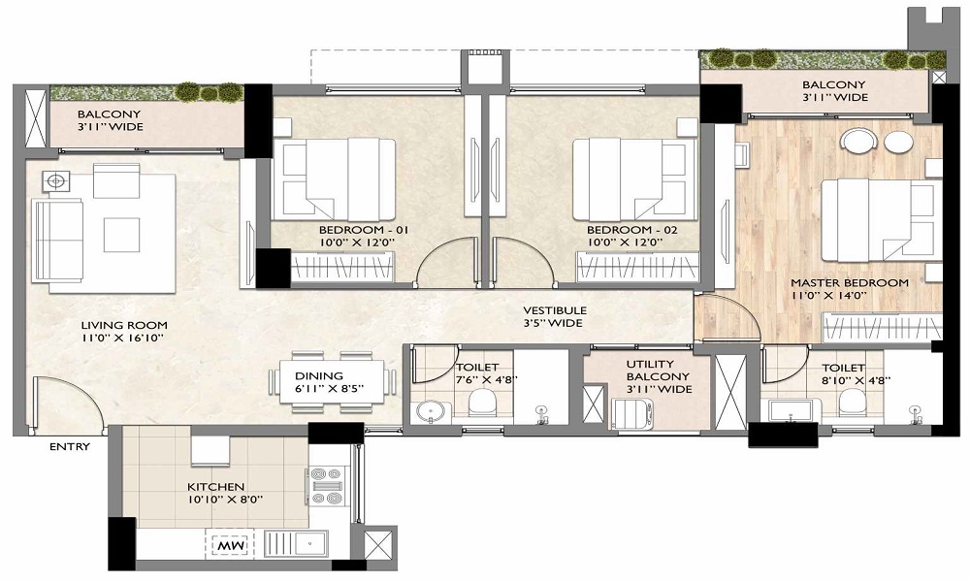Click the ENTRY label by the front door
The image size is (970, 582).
pos(70,446)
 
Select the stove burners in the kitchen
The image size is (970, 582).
pos(327,486)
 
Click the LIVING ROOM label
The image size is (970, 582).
pos(124,325)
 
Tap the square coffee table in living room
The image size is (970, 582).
pos(121,235)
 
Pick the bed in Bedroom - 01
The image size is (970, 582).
pos(334,179)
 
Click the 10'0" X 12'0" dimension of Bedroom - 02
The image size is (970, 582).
pos(625,242)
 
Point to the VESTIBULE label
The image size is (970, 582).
pos(555,310)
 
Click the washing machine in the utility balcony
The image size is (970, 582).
pos(631,412)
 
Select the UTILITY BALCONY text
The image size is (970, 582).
pos(659,370)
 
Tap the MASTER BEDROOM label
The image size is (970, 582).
pos(850,282)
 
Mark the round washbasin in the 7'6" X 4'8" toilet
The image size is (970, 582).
pos(426,412)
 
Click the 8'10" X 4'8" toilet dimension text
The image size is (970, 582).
pos(856,380)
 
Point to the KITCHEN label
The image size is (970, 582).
pos(216,487)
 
